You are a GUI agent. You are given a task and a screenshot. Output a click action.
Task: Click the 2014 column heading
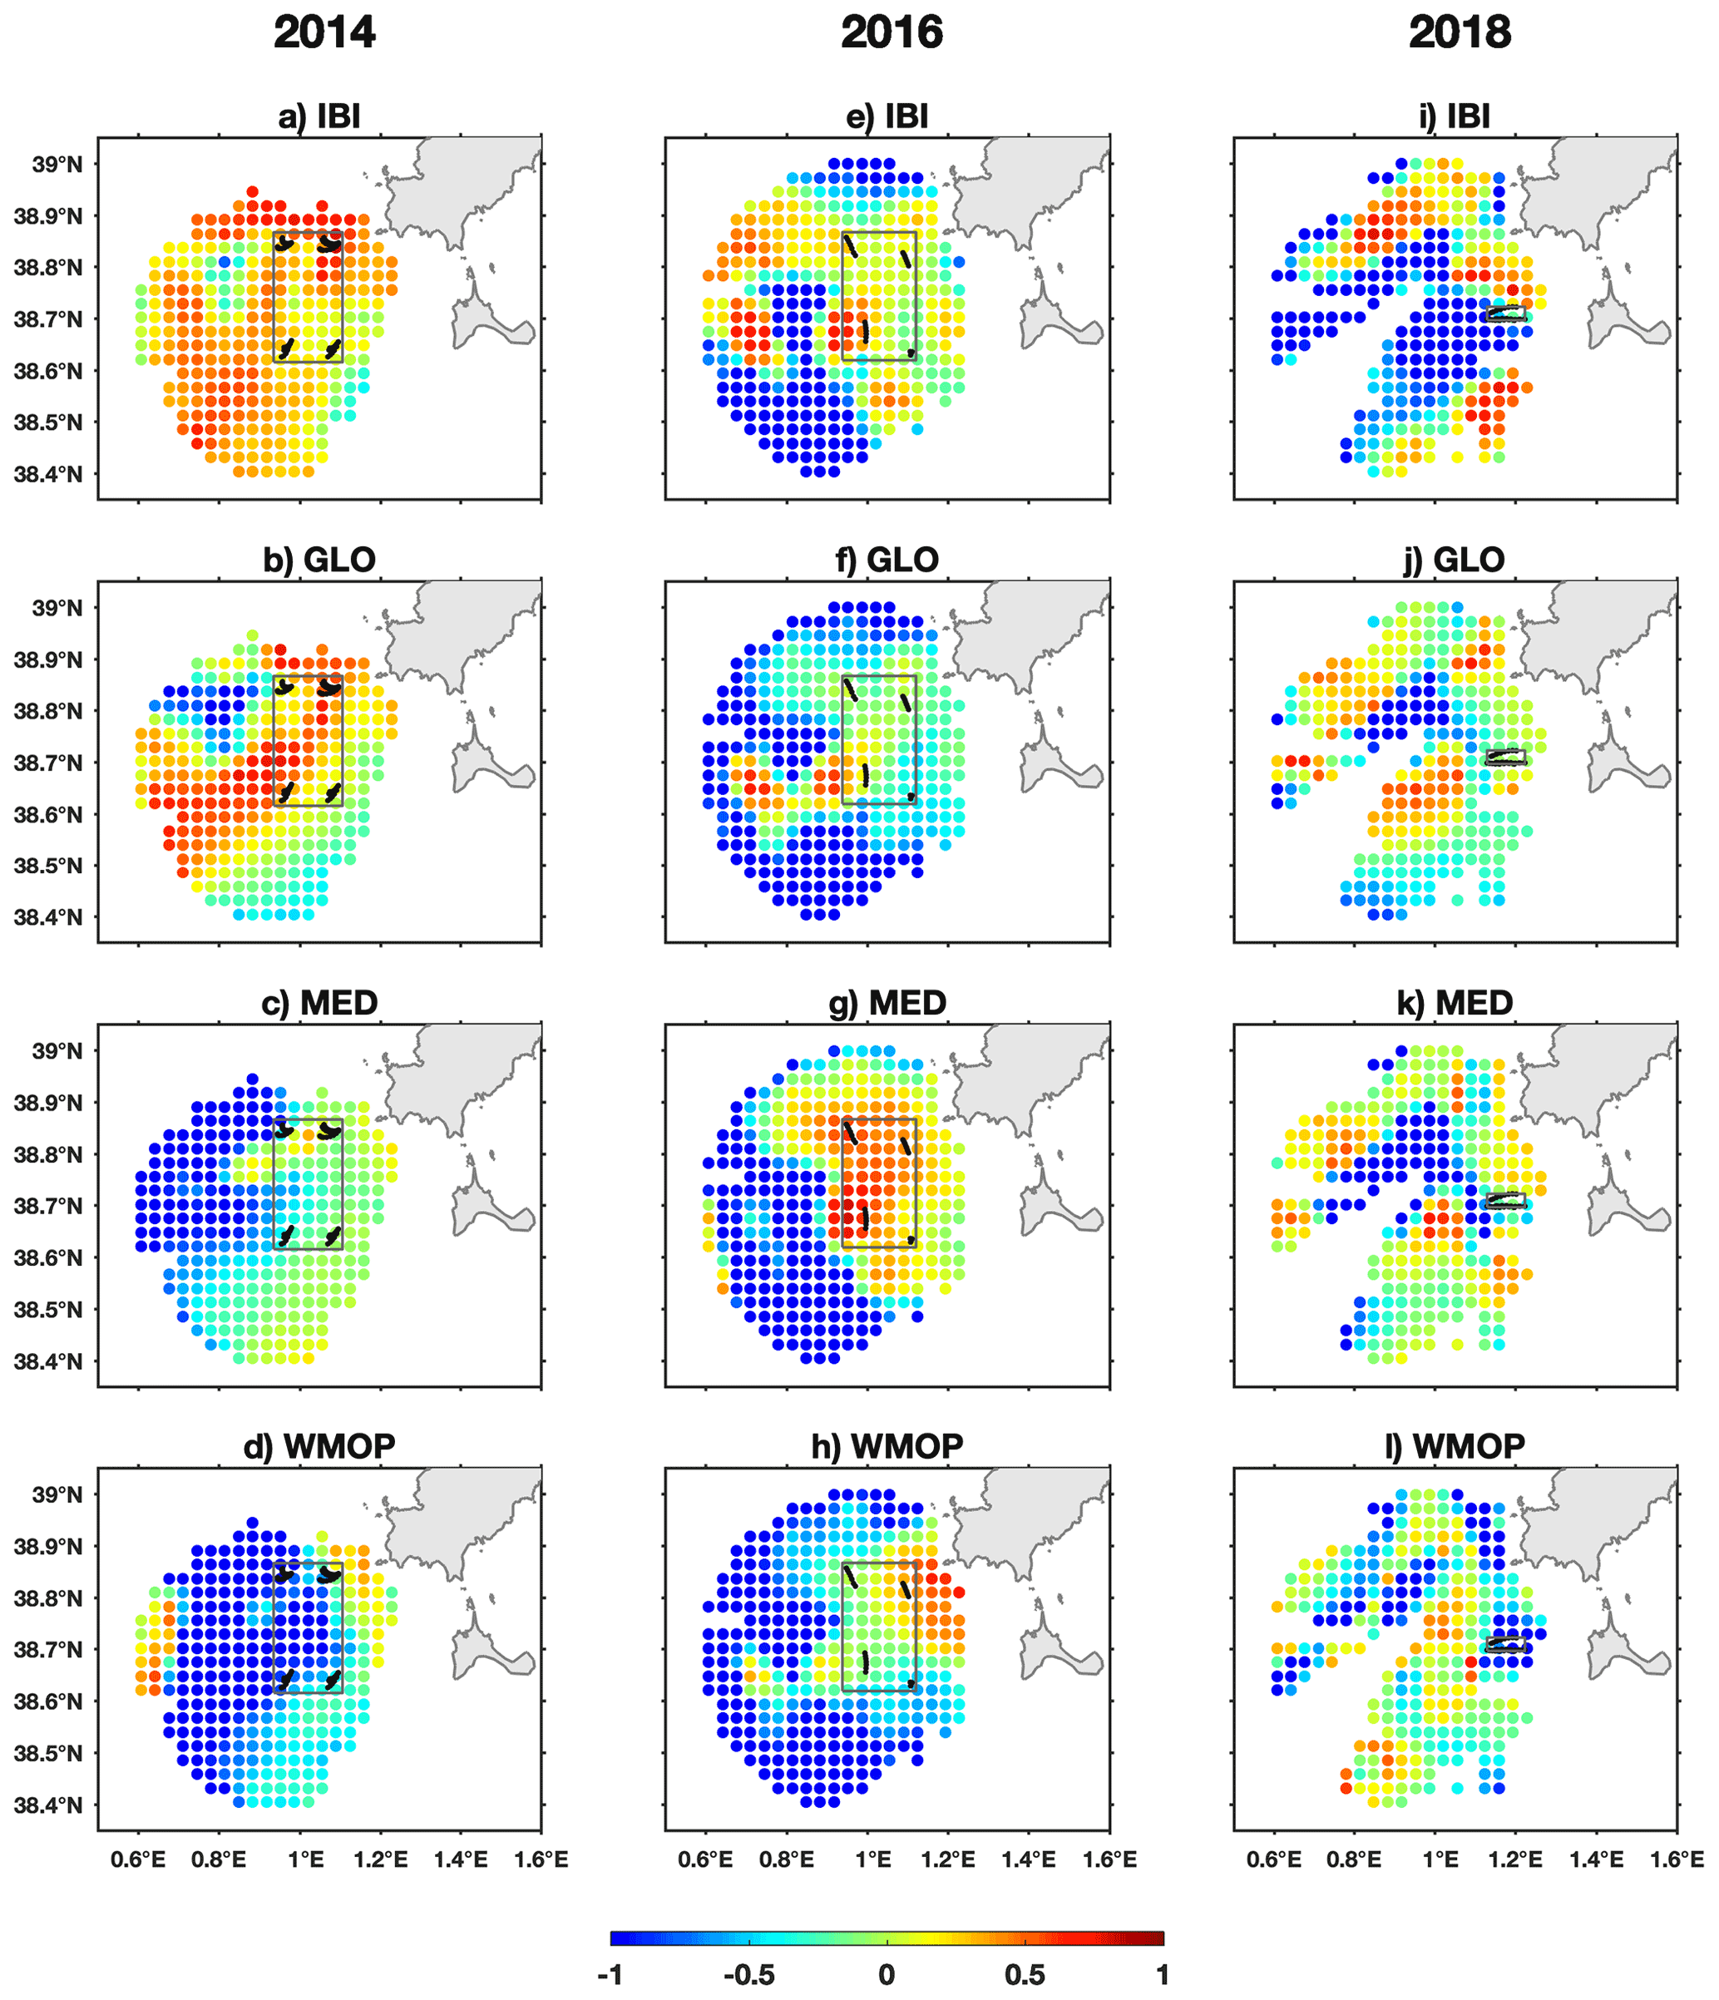point(324,32)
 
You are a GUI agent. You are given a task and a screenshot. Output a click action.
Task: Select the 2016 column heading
point(891,32)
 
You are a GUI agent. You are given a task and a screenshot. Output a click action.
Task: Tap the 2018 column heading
point(1460,32)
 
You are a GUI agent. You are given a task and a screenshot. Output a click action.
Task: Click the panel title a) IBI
point(319,116)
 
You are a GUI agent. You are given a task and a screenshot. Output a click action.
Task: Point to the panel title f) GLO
point(887,560)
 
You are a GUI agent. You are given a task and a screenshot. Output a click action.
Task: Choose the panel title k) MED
point(1455,1003)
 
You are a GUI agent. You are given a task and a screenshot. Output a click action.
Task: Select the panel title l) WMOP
point(1455,1446)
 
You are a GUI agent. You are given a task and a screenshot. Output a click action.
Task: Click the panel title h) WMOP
point(887,1446)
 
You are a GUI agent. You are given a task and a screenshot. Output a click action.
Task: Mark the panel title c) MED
point(319,1003)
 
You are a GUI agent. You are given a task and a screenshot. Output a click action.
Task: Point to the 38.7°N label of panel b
point(48,763)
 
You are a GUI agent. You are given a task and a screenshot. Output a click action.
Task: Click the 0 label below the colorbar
point(886,1975)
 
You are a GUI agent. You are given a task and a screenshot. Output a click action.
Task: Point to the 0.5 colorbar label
point(1024,1975)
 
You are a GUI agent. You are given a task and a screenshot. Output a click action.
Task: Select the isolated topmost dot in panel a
point(252,191)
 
